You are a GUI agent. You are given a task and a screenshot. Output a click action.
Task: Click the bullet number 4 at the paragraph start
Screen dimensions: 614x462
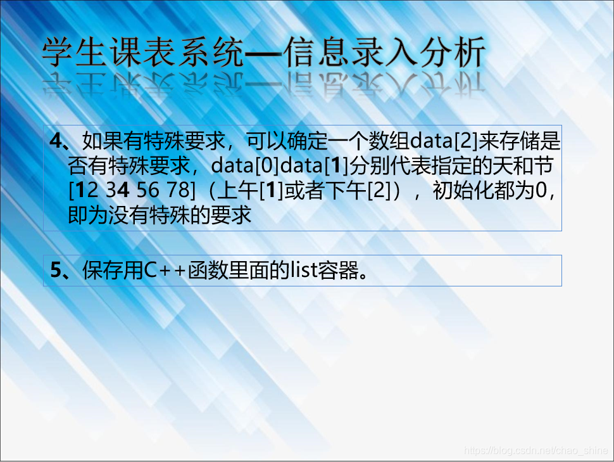click(56, 141)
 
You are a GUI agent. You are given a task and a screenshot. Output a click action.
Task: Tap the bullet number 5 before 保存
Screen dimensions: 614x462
click(56, 270)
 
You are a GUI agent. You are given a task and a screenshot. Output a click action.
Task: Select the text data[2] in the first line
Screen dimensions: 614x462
click(444, 141)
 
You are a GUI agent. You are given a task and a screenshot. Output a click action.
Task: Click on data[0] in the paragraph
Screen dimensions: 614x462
click(245, 165)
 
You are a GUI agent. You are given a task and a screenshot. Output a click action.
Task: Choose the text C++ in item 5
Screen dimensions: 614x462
click(164, 270)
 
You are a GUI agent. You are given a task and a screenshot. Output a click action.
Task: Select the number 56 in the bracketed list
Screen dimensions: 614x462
click(148, 190)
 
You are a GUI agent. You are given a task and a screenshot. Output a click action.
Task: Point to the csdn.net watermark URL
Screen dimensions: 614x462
click(536, 450)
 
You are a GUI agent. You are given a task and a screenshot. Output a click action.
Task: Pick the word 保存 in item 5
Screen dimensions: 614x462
click(103, 270)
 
